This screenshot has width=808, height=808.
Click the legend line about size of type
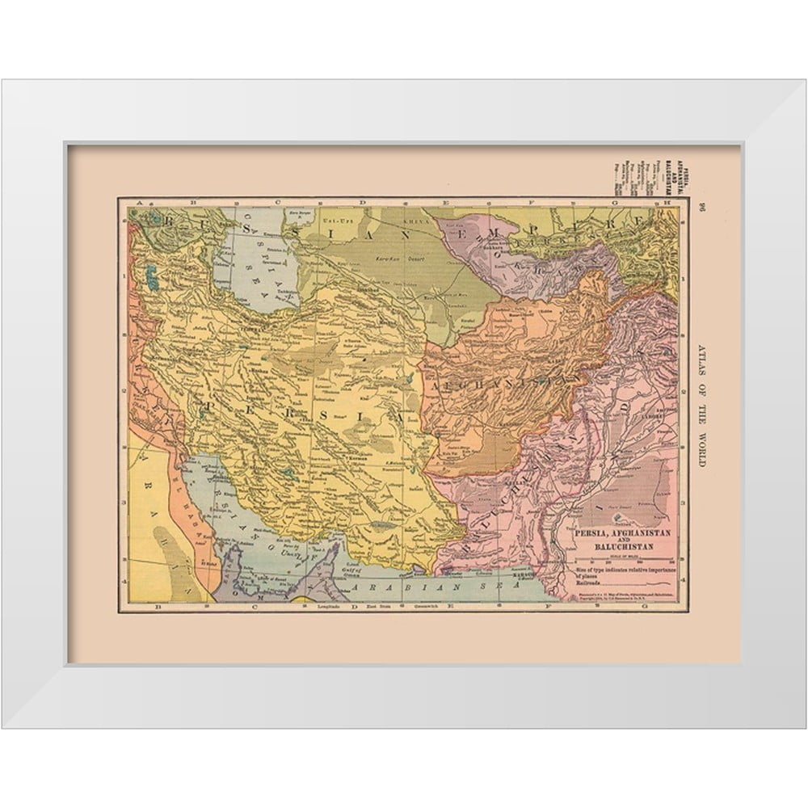click(622, 571)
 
